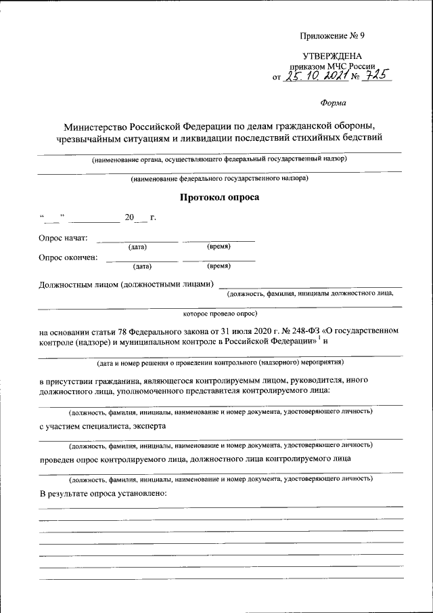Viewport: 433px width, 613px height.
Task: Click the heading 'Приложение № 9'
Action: tap(332, 35)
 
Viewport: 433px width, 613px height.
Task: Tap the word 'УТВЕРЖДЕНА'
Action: tap(332, 56)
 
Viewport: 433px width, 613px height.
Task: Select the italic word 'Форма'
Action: tap(332, 103)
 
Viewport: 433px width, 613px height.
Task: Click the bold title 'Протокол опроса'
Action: tap(219, 198)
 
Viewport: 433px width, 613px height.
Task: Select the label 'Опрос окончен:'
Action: tap(68, 257)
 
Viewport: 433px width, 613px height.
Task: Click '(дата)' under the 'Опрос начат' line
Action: tap(137, 248)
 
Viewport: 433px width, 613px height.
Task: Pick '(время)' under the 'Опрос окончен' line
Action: tap(221, 267)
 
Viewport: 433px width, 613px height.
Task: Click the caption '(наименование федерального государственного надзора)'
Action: tap(219, 179)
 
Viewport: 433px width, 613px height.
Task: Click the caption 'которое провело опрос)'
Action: tap(219, 314)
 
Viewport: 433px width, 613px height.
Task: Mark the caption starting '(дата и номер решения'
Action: tap(220, 362)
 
